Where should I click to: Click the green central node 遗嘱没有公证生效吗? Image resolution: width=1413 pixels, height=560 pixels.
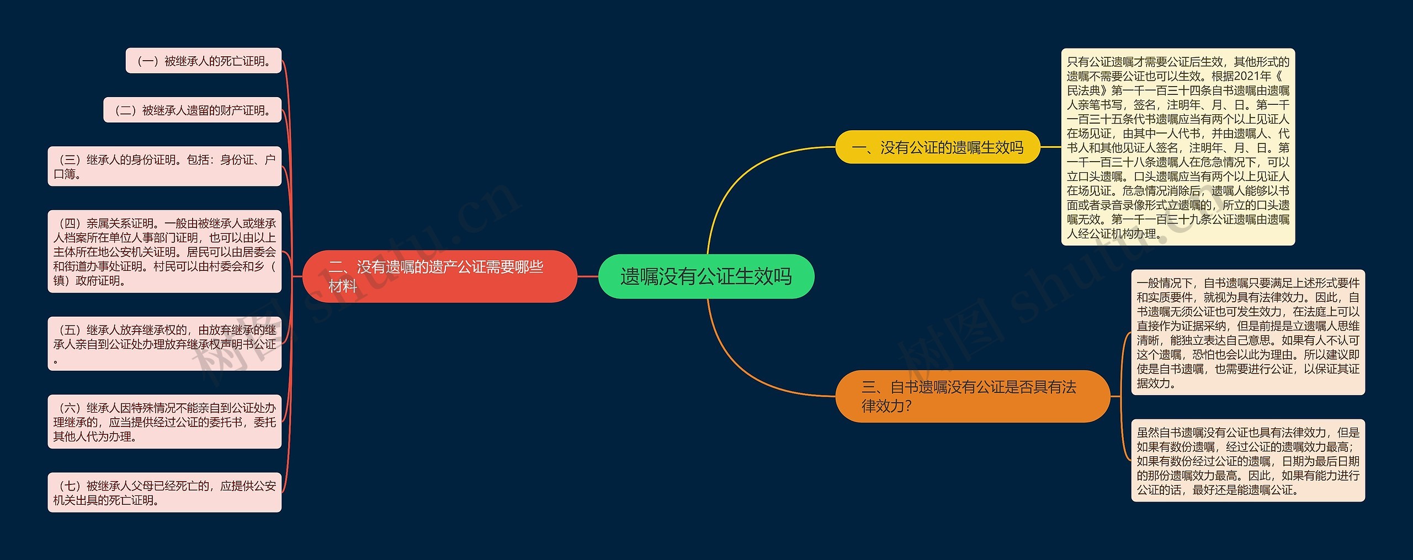(x=706, y=276)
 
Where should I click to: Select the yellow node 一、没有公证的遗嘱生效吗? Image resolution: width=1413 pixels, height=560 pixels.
(x=937, y=147)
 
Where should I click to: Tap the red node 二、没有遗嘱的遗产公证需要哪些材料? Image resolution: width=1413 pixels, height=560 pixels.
(x=439, y=276)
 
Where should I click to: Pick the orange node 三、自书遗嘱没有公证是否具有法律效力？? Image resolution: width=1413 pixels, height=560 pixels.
(x=972, y=396)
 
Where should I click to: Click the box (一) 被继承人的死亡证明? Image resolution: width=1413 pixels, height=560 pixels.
(x=204, y=61)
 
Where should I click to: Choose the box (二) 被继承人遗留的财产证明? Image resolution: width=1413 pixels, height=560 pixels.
(x=192, y=110)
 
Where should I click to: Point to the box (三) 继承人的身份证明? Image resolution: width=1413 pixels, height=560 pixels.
(x=164, y=166)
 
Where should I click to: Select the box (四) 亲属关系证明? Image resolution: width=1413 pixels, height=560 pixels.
(x=164, y=252)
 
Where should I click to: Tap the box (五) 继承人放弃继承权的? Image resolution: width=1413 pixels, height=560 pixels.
(x=164, y=343)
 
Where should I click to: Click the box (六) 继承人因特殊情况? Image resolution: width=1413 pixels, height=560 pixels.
(x=164, y=422)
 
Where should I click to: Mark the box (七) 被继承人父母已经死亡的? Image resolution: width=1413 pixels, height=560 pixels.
(x=164, y=492)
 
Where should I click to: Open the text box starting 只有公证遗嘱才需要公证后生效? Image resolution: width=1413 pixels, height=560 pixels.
(x=1178, y=147)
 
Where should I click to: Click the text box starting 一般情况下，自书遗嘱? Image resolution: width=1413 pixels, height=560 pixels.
(x=1247, y=332)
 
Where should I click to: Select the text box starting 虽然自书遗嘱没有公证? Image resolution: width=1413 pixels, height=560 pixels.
(x=1247, y=460)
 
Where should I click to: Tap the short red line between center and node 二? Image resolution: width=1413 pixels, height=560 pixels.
(x=588, y=276)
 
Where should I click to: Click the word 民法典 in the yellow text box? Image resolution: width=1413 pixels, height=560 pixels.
(x=1083, y=90)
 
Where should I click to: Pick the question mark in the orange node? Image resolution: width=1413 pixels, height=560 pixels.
(x=909, y=407)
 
